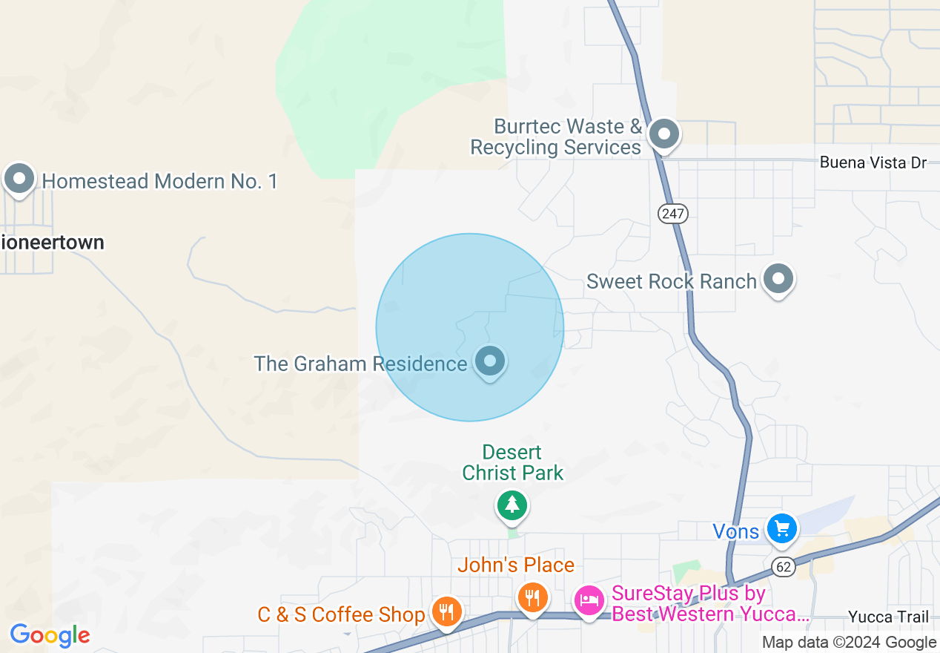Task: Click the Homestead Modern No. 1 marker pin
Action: click(x=19, y=179)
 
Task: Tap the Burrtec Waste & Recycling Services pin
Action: click(x=664, y=134)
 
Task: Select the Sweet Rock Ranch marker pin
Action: click(x=778, y=280)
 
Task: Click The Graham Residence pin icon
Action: click(x=489, y=361)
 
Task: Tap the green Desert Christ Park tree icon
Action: click(x=512, y=506)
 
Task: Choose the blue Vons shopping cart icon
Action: click(x=781, y=529)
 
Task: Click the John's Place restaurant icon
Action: click(x=532, y=596)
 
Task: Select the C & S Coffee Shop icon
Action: click(x=446, y=611)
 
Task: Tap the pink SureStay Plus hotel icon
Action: click(x=589, y=600)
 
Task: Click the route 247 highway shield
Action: click(x=673, y=214)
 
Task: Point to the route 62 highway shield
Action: click(x=784, y=567)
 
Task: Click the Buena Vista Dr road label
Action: click(x=873, y=163)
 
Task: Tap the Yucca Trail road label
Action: click(x=888, y=617)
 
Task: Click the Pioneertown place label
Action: click(x=53, y=243)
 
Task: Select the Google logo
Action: click(x=50, y=635)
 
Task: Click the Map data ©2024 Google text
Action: click(x=849, y=643)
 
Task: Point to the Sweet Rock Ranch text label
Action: click(x=671, y=281)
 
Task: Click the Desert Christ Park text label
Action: click(x=513, y=462)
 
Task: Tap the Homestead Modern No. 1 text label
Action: click(x=159, y=181)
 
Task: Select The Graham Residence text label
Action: click(x=360, y=364)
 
